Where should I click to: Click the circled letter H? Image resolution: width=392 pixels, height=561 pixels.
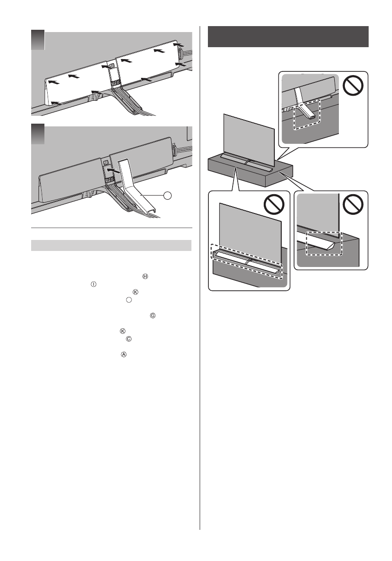click(x=145, y=276)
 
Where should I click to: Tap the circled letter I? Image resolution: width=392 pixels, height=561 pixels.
click(x=93, y=284)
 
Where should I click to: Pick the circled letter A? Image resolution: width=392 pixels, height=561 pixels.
click(x=123, y=354)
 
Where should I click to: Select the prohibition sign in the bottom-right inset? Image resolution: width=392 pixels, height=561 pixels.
click(x=353, y=205)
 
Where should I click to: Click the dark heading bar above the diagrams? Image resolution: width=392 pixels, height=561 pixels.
click(x=288, y=37)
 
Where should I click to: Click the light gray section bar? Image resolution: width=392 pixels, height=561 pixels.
click(x=111, y=245)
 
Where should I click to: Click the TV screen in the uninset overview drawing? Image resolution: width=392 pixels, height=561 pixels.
click(x=248, y=135)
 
